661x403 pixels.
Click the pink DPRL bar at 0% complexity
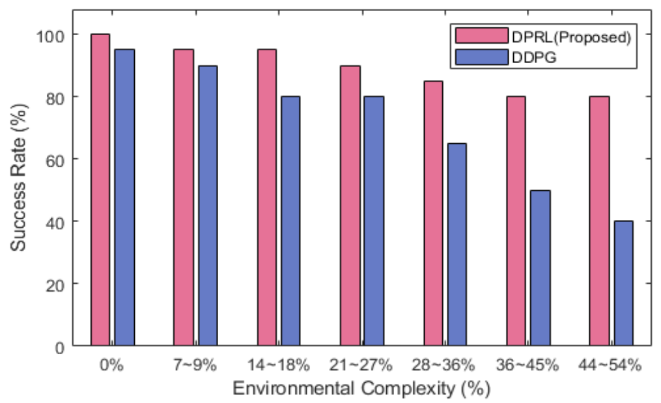[x=100, y=189]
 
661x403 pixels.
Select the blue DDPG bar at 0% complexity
[x=124, y=197]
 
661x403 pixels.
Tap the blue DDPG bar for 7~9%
[x=208, y=205]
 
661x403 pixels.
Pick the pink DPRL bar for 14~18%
[x=266, y=197]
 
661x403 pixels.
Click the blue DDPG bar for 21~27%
[x=374, y=221]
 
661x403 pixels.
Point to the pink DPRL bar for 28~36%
[x=432, y=213]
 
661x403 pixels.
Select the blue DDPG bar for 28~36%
[x=457, y=244]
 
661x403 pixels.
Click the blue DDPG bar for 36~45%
[x=540, y=268]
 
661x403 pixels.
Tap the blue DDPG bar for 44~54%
[x=623, y=283]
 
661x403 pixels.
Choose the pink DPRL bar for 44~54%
[x=598, y=221]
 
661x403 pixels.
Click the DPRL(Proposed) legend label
[x=571, y=37]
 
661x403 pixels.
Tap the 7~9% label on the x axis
[x=196, y=365]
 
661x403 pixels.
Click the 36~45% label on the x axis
[x=528, y=365]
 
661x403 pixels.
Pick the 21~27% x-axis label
[x=362, y=365]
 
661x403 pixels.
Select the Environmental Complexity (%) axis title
[x=361, y=389]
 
